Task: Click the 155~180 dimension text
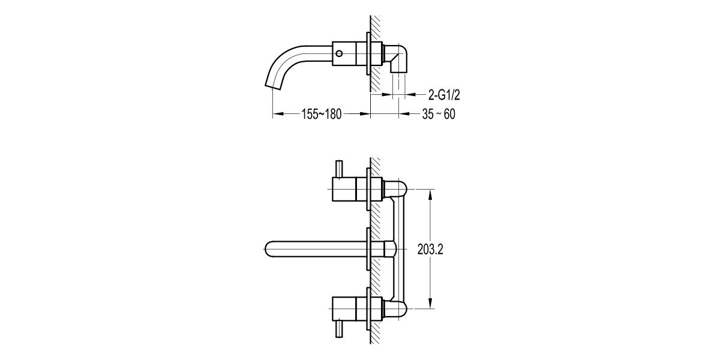322,114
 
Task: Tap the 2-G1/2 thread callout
444,95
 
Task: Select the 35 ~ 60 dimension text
439,114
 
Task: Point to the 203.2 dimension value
430,249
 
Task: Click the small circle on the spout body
340,53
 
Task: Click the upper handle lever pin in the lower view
339,169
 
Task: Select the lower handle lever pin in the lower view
339,328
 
